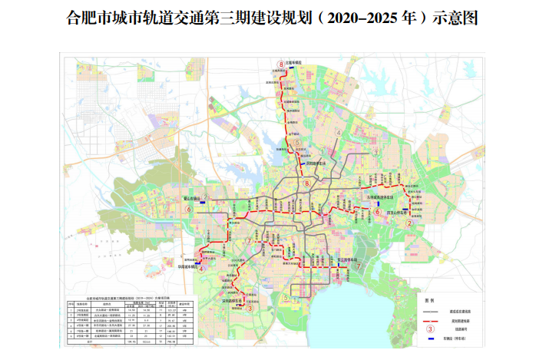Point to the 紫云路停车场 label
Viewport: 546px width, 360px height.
(x=349, y=260)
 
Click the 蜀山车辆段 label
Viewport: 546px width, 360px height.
(x=190, y=198)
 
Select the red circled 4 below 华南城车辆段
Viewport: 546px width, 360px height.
(x=200, y=269)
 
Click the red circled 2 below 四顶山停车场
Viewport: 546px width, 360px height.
(x=409, y=223)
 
